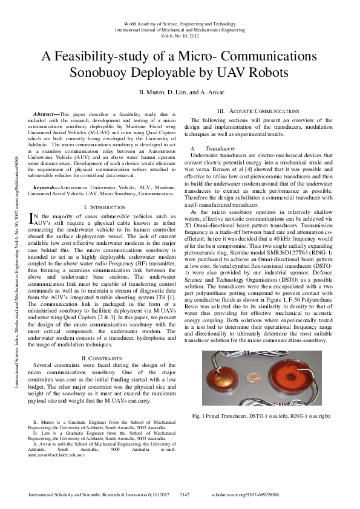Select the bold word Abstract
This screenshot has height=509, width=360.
(x=45, y=113)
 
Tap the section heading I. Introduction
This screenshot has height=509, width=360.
(x=103, y=207)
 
